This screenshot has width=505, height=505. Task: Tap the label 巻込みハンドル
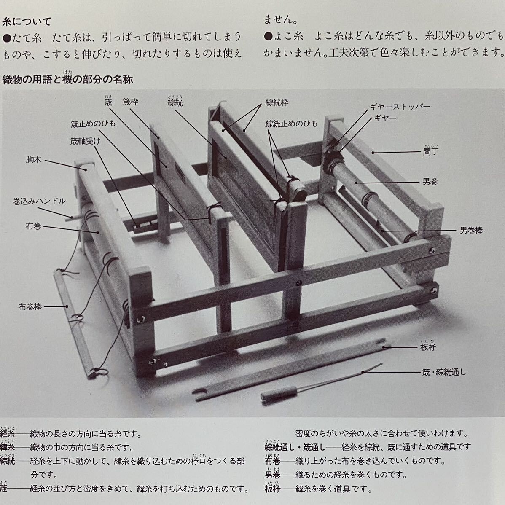[39, 201]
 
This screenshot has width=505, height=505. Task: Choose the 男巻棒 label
[471, 231]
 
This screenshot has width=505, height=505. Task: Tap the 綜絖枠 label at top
[277, 103]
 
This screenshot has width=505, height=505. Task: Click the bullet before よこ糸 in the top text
[269, 37]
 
